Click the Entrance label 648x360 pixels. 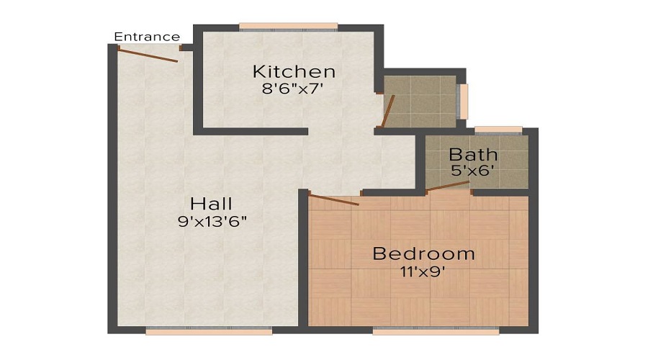(147, 37)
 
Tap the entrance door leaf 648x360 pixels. (148, 55)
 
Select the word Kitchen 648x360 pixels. (294, 72)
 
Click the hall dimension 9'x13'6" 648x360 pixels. (212, 222)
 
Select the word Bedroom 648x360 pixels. (423, 253)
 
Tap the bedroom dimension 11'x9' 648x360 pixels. (423, 271)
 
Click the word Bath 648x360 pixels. (473, 154)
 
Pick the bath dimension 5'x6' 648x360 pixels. (473, 171)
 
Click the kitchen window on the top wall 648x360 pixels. (288, 27)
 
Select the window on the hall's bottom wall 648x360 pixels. (209, 331)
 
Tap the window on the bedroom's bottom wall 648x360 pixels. (436, 331)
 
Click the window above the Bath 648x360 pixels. (498, 130)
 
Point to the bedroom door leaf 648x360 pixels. (333, 199)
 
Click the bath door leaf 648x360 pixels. (449, 187)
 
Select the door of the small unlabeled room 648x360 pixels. (387, 111)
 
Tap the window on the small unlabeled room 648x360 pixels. (463, 102)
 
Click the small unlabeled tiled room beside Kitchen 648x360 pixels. (421, 102)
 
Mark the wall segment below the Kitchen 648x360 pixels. (252, 132)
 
